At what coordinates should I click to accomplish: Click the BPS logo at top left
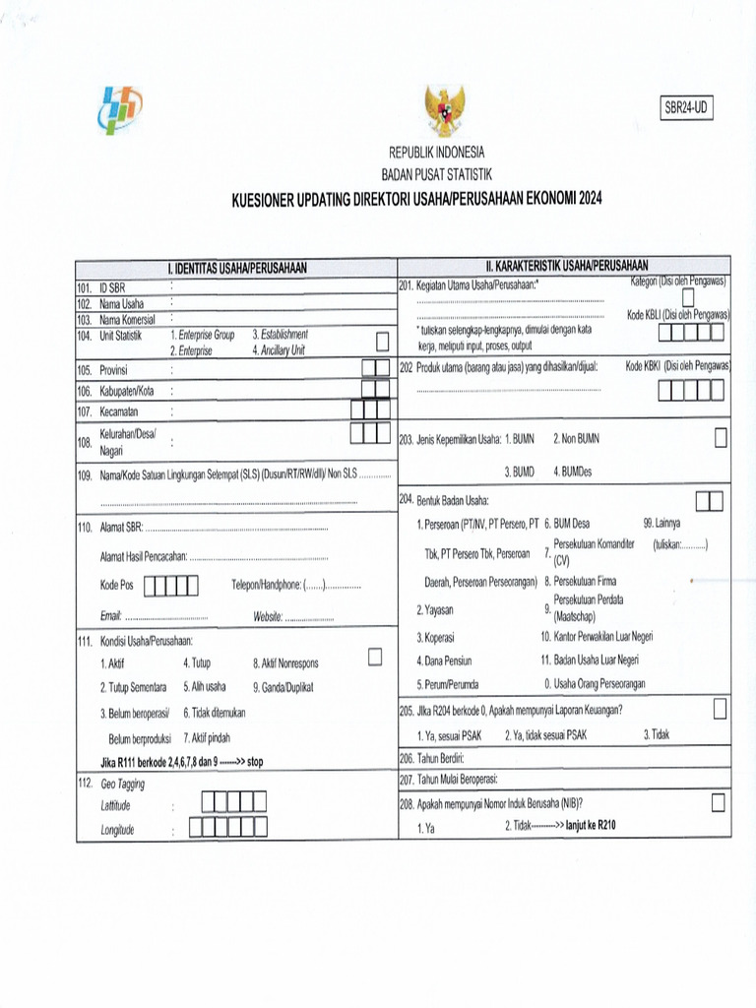coord(120,109)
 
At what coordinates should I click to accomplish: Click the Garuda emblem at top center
coord(445,110)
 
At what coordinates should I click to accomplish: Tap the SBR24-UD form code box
coord(685,108)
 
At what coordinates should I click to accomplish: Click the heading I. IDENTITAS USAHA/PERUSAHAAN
coord(236,268)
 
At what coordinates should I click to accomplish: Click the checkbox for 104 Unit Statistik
coord(381,342)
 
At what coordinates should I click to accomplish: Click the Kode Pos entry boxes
coord(171,586)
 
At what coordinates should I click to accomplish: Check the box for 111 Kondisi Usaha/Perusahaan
coord(374,657)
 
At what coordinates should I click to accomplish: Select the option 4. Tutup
coord(197,663)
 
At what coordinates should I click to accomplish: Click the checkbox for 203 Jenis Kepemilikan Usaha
coord(721,439)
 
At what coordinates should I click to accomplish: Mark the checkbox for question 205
coord(721,709)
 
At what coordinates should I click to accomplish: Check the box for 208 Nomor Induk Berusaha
coord(718,802)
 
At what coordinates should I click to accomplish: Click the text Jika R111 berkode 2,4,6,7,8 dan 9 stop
coord(181,761)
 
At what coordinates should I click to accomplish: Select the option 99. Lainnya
coord(661,524)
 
